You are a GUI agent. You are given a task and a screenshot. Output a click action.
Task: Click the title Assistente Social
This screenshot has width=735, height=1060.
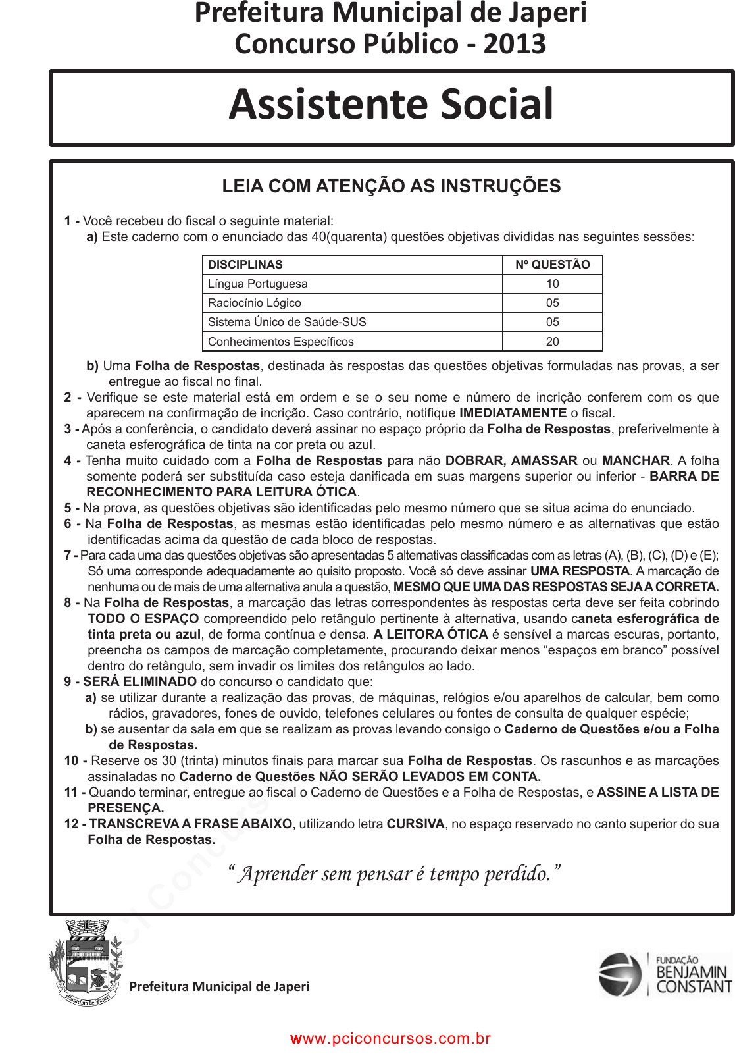coord(392,105)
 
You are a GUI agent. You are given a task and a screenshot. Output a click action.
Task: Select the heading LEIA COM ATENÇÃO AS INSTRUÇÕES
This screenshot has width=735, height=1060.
coord(392,186)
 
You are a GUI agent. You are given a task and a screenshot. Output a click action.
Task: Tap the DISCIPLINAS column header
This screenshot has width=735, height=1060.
coord(245,265)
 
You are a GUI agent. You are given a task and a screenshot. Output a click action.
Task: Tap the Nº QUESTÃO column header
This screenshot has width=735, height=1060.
coord(552,265)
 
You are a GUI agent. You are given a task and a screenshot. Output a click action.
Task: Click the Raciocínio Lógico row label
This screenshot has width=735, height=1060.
coord(255,303)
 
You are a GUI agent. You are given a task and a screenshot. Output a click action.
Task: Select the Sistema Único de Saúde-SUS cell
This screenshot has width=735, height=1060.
coord(287,322)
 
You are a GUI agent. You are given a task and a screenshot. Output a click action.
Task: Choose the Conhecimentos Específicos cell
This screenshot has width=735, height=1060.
coord(281,342)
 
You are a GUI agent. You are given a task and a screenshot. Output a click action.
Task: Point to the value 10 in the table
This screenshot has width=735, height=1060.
coord(552,284)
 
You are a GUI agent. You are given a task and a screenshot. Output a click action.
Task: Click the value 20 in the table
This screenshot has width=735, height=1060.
coord(552,342)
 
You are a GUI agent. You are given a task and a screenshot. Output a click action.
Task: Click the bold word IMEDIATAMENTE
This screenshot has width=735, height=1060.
coord(513,413)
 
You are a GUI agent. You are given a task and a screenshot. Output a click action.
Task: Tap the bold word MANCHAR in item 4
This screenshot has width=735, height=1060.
coord(636,461)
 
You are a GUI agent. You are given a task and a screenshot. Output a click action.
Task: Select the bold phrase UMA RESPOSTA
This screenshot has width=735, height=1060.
coord(580,571)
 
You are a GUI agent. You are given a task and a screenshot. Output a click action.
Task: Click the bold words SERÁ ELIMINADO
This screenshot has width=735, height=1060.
coord(139,682)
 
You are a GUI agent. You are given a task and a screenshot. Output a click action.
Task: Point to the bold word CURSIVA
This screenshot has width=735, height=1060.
coord(415,824)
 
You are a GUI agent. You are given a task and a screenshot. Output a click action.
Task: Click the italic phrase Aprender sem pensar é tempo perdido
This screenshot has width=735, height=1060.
coord(393,874)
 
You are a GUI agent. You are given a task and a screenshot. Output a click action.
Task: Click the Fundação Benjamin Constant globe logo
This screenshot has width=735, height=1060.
coord(620,974)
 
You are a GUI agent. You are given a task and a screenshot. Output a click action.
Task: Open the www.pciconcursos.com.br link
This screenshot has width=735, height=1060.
coord(391,1038)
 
